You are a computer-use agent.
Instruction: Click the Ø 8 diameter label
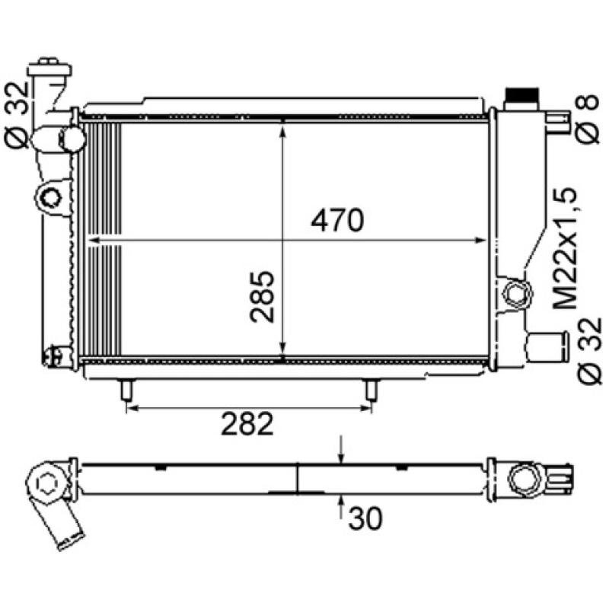tap(585, 120)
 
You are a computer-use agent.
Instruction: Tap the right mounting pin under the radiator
tap(371, 391)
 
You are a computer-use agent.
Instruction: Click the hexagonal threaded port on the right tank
tap(518, 293)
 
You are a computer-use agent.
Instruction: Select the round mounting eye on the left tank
tap(51, 197)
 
